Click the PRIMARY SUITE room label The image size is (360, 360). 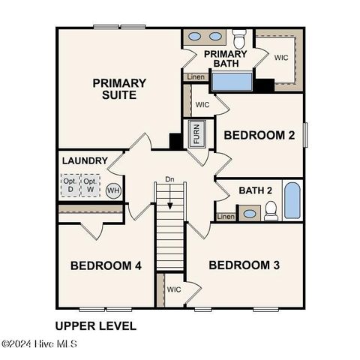pyautogui.click(x=119, y=88)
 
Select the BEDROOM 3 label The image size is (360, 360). pyautogui.click(x=244, y=265)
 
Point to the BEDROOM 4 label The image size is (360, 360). pyautogui.click(x=106, y=265)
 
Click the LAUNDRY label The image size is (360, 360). pyautogui.click(x=84, y=160)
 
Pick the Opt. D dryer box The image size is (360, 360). pyautogui.click(x=70, y=185)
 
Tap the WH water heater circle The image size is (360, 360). pyautogui.click(x=113, y=190)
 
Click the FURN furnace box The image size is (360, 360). pyautogui.click(x=196, y=133)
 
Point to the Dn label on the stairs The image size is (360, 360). pyautogui.click(x=170, y=180)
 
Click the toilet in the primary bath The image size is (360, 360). pyautogui.click(x=239, y=37)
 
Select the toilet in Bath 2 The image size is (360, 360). pyautogui.click(x=271, y=211)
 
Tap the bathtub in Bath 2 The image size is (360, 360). pyautogui.click(x=292, y=201)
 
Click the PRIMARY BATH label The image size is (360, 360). pyautogui.click(x=225, y=58)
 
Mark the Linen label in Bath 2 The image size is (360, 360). pyautogui.click(x=226, y=217)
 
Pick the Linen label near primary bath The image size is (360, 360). pyautogui.click(x=195, y=76)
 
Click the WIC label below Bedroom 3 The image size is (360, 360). pyautogui.click(x=174, y=289)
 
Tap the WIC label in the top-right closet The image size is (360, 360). pyautogui.click(x=281, y=57)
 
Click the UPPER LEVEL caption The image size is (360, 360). pyautogui.click(x=96, y=325)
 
